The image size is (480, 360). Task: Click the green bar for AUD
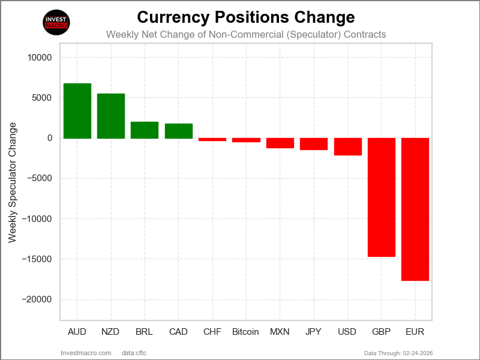pyautogui.click(x=77, y=111)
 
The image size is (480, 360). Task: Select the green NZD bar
pyautogui.click(x=111, y=116)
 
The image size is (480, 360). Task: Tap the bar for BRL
pyautogui.click(x=145, y=130)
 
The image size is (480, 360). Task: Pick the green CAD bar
pyautogui.click(x=179, y=131)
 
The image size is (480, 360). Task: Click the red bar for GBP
pyautogui.click(x=381, y=197)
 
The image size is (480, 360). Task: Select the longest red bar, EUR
pyautogui.click(x=415, y=209)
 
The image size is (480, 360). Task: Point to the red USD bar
pyautogui.click(x=347, y=147)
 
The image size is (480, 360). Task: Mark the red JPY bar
pyautogui.click(x=314, y=144)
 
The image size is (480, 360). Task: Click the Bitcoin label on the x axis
pyautogui.click(x=245, y=332)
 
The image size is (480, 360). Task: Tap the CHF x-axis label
pyautogui.click(x=212, y=332)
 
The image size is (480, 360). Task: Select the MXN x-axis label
pyautogui.click(x=280, y=332)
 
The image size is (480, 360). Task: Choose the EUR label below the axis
pyautogui.click(x=415, y=332)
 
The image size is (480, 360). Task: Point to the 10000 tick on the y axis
pyautogui.click(x=40, y=58)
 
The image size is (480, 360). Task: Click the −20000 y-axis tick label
pyautogui.click(x=37, y=299)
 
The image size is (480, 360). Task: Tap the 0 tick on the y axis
pyautogui.click(x=50, y=138)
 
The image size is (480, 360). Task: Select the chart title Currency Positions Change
pyautogui.click(x=246, y=16)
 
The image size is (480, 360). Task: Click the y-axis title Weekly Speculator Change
pyautogui.click(x=13, y=183)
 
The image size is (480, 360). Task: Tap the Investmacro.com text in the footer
pyautogui.click(x=86, y=353)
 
